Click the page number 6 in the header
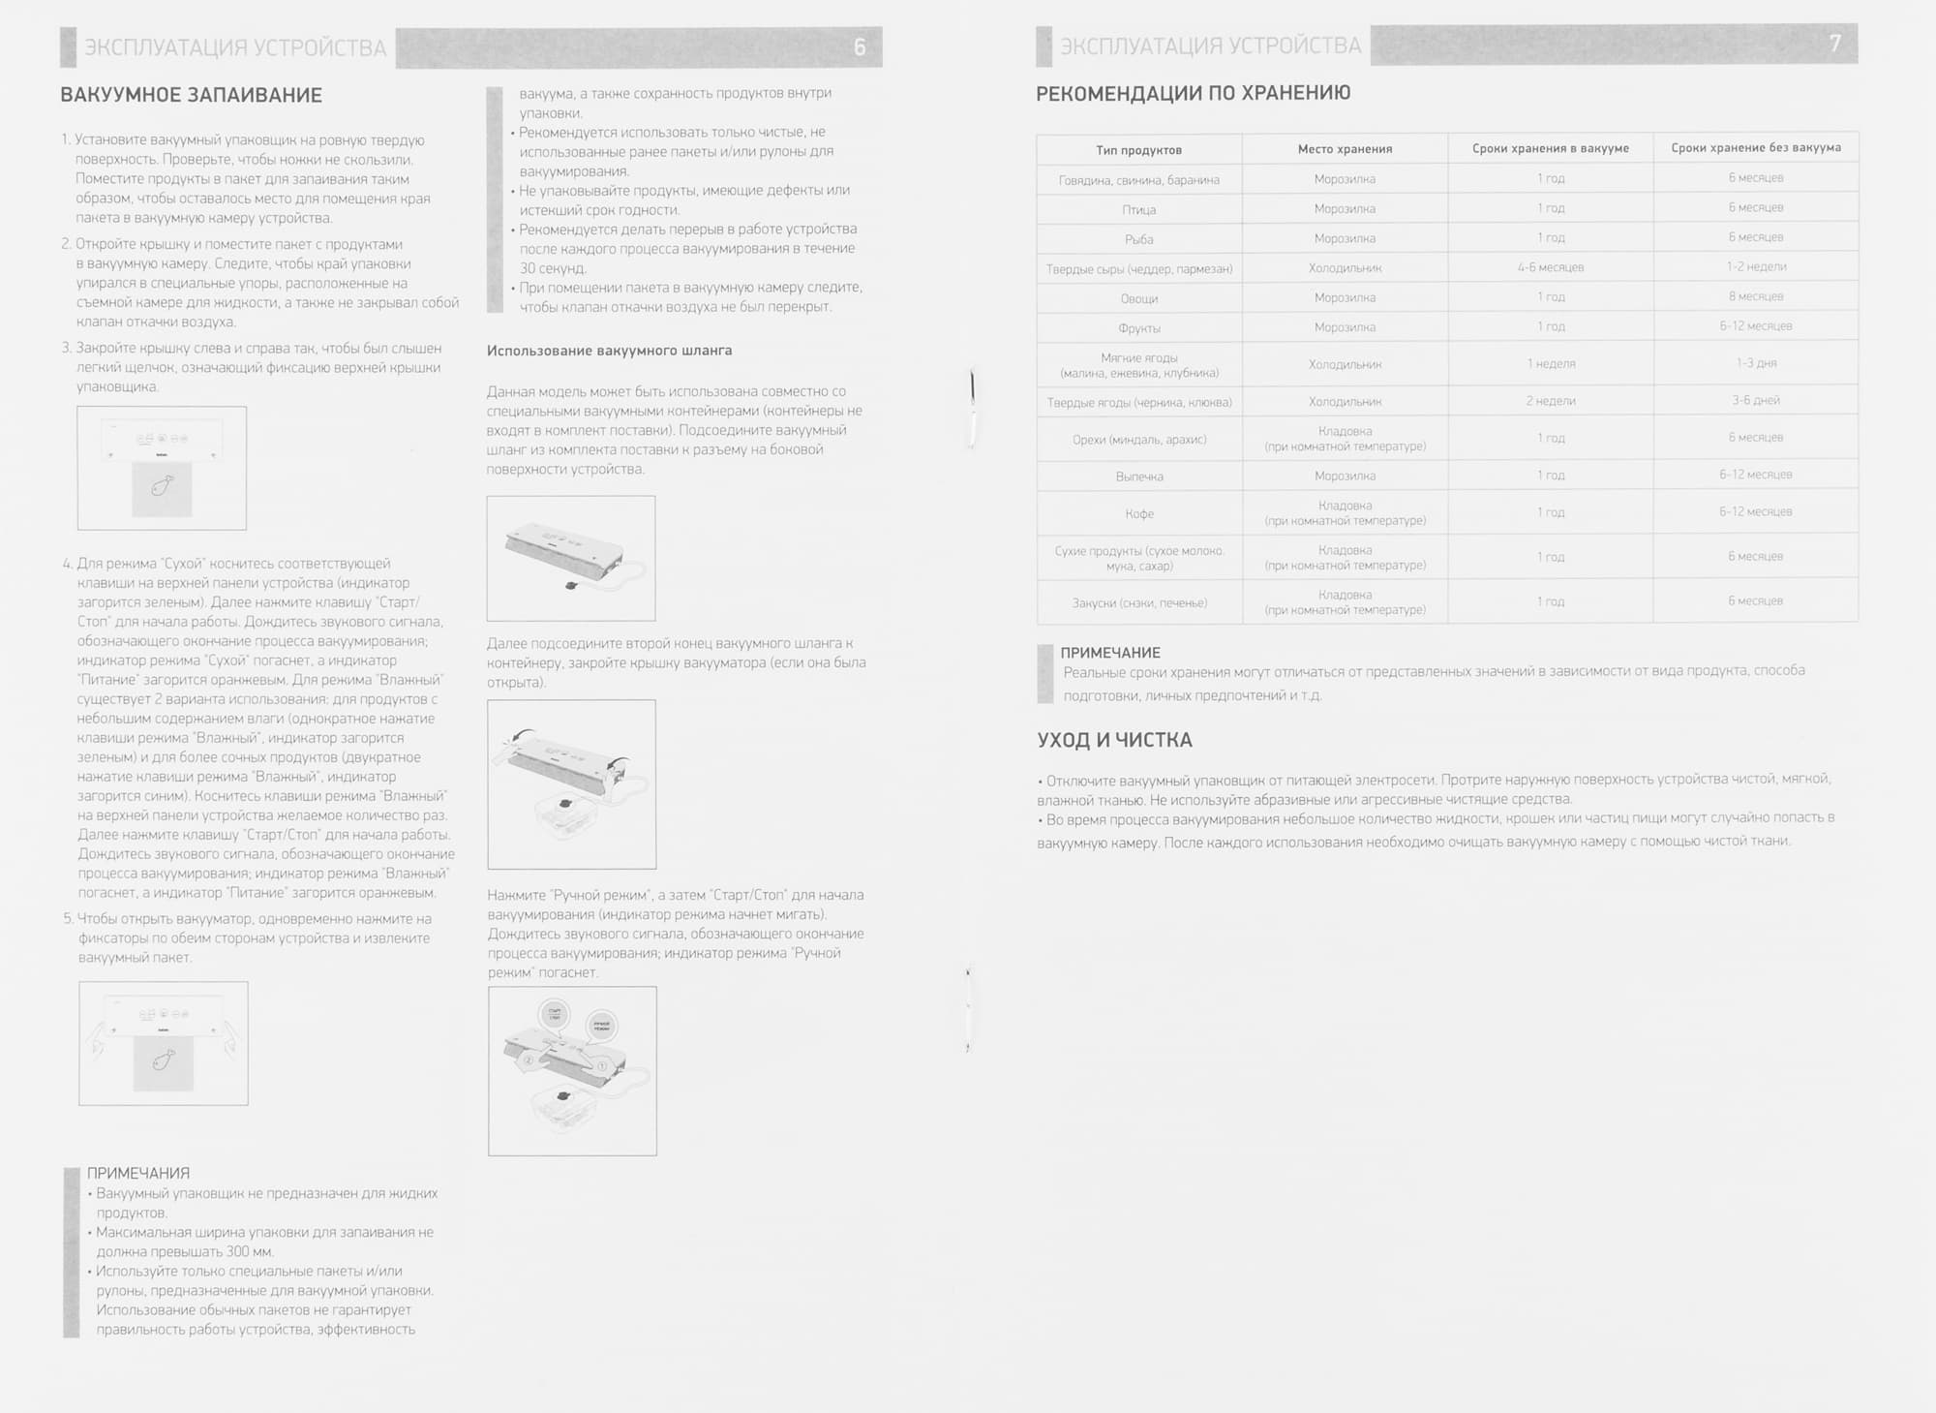pyautogui.click(x=859, y=47)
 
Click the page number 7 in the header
pyautogui.click(x=1834, y=44)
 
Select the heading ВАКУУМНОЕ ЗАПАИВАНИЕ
pyautogui.click(x=191, y=95)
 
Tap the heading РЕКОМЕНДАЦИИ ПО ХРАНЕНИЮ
pyautogui.click(x=1193, y=93)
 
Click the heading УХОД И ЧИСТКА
pyautogui.click(x=1114, y=740)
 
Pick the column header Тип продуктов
pyautogui.click(x=1138, y=150)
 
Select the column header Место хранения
pyautogui.click(x=1345, y=149)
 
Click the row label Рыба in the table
pyautogui.click(x=1138, y=239)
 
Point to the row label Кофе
pyautogui.click(x=1138, y=513)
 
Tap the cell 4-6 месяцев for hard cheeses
pyautogui.click(x=1550, y=267)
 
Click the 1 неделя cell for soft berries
pyautogui.click(x=1550, y=363)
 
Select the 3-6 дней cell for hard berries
pyautogui.click(x=1755, y=400)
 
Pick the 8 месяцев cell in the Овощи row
pyautogui.click(x=1755, y=296)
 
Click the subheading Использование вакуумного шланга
pyautogui.click(x=609, y=351)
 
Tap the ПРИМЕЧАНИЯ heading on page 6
pyautogui.click(x=138, y=1173)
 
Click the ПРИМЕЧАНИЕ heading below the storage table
pyautogui.click(x=1109, y=653)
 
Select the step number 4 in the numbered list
pyautogui.click(x=67, y=564)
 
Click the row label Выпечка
pyautogui.click(x=1138, y=476)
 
